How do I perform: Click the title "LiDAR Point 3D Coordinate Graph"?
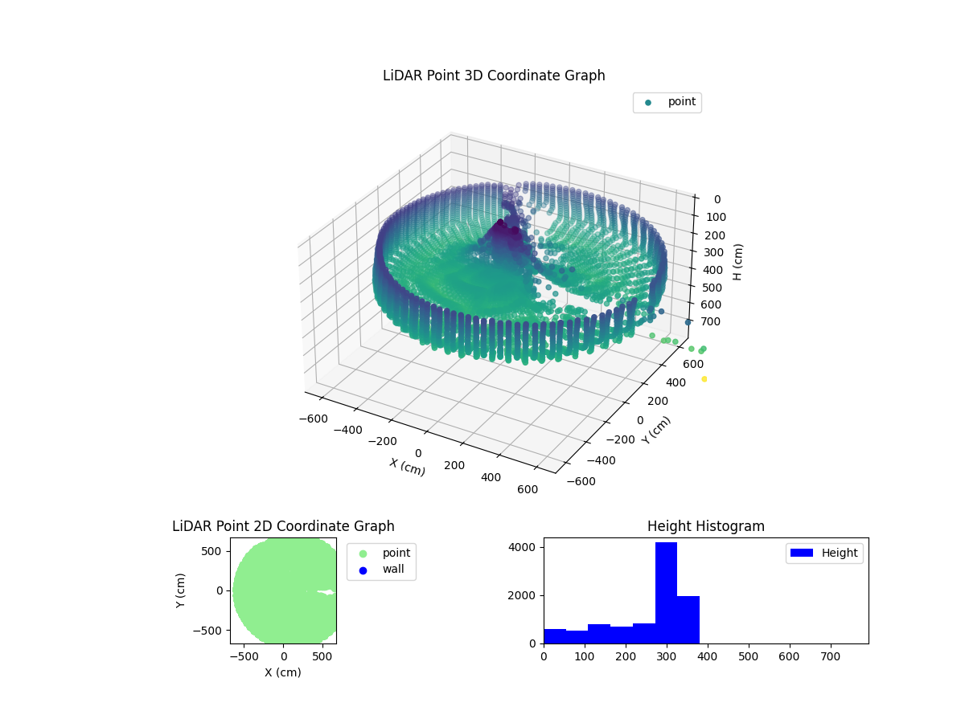pyautogui.click(x=494, y=76)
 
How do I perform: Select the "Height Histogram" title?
pyautogui.click(x=705, y=526)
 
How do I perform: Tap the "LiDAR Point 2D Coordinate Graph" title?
pyautogui.click(x=283, y=526)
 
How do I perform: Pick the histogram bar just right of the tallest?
pyautogui.click(x=688, y=619)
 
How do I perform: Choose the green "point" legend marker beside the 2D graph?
pyautogui.click(x=363, y=553)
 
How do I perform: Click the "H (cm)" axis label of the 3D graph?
pyautogui.click(x=738, y=262)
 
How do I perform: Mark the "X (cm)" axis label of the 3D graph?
pyautogui.click(x=408, y=467)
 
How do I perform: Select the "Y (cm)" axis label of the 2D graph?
pyautogui.click(x=182, y=590)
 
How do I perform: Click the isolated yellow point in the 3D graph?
pyautogui.click(x=704, y=378)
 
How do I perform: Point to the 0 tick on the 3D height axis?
pyautogui.click(x=717, y=199)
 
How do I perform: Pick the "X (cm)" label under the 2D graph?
pyautogui.click(x=283, y=672)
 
